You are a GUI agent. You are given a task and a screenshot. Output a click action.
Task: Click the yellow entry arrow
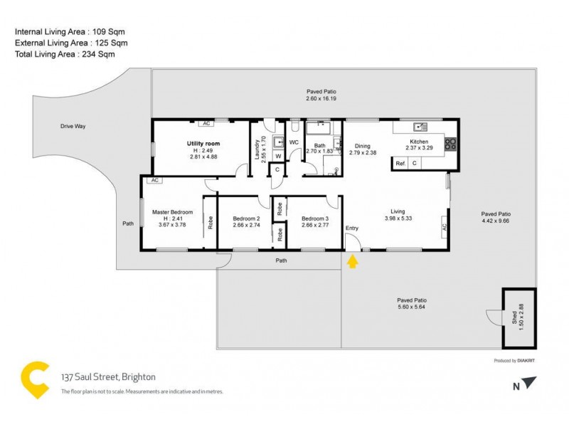[352, 262]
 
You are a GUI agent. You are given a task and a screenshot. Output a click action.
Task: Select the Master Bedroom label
[172, 212]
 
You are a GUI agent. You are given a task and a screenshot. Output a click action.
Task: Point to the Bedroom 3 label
[315, 218]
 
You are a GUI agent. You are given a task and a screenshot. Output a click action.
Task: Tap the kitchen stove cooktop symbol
[450, 144]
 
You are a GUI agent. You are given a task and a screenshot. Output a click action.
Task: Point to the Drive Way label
[73, 126]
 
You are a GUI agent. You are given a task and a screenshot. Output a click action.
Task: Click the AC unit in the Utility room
[206, 123]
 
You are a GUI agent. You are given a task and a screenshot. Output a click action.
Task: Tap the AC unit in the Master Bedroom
[153, 181]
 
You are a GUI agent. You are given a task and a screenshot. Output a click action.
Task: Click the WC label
[293, 142]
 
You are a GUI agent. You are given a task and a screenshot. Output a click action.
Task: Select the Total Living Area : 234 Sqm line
[65, 53]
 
